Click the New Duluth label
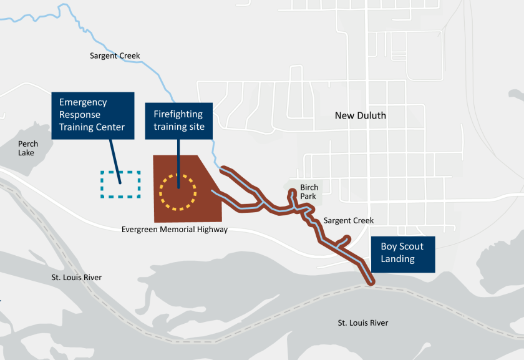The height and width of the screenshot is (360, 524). pos(360,115)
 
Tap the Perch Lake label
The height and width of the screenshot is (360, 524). pos(27,148)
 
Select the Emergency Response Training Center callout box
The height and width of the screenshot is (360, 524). pos(92,115)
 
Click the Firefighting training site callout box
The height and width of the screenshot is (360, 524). pos(178,120)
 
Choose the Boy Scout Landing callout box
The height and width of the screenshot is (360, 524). pos(402,253)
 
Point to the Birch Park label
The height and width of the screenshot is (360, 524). pos(309,192)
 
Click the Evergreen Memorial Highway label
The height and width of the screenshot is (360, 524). pos(174,230)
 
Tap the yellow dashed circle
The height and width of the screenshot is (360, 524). pos(177,175)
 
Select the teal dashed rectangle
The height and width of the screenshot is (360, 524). pos(120,184)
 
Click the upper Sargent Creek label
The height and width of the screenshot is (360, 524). pos(115,56)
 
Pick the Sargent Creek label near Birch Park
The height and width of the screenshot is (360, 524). pos(349,220)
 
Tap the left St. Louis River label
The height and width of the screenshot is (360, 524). pos(76,277)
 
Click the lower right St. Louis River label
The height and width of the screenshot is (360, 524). pos(363,323)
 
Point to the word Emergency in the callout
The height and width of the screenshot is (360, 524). pos(83,102)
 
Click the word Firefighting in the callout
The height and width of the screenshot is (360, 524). pos(178,114)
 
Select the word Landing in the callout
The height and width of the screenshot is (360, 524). pos(398,260)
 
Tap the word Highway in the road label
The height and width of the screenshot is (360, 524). pos(211,230)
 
